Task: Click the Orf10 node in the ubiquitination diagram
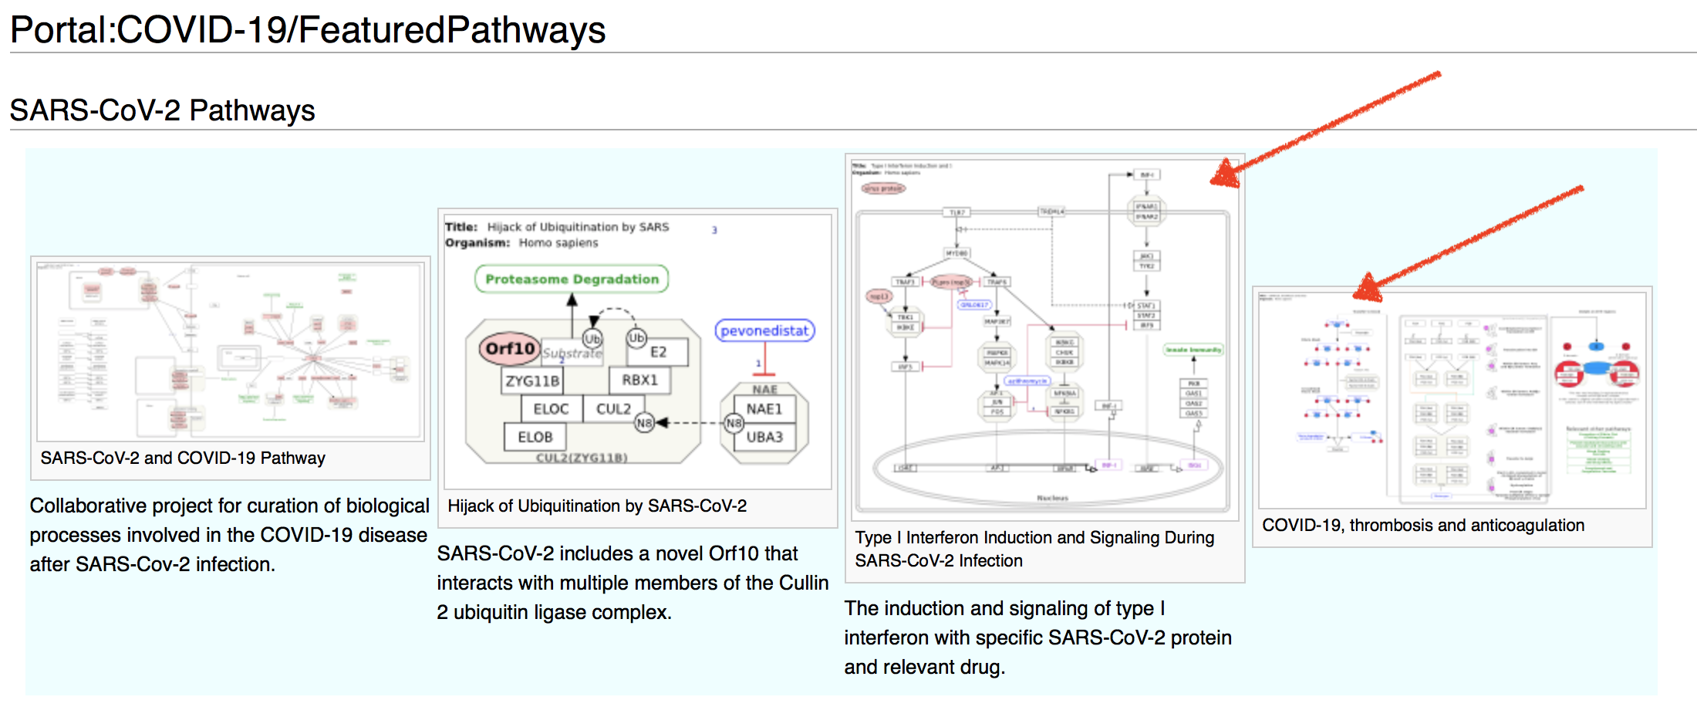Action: click(509, 349)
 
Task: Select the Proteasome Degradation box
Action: click(572, 279)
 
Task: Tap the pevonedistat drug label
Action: click(764, 331)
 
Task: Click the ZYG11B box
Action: click(532, 381)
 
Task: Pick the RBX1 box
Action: click(639, 380)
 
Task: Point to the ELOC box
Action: click(551, 409)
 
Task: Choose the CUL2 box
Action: click(613, 409)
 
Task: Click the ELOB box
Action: click(535, 437)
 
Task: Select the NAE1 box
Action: click(764, 409)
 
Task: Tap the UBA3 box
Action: click(764, 437)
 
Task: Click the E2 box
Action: click(658, 352)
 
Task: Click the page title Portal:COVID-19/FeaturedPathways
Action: click(308, 30)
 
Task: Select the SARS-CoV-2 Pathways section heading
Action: click(162, 110)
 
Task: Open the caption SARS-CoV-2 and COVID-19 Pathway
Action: click(183, 458)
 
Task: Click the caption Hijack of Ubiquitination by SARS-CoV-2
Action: click(597, 506)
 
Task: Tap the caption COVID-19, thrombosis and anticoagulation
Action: click(1423, 526)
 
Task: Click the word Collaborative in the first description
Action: click(83, 506)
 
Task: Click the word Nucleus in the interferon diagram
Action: click(1052, 498)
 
